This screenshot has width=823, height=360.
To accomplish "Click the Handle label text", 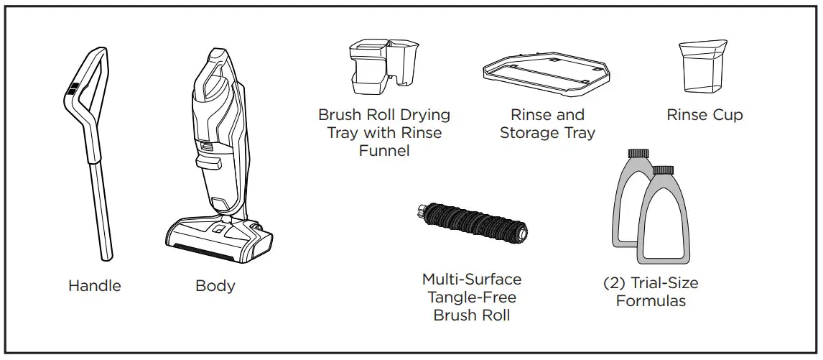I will pos(94,286).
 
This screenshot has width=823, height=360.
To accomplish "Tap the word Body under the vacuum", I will pos(215,286).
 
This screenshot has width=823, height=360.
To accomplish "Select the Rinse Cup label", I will pos(705,115).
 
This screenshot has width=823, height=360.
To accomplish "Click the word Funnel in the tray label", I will pos(384,150).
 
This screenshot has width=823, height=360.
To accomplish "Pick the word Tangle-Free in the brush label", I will pos(472,297).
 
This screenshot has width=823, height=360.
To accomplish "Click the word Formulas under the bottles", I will pos(650,301).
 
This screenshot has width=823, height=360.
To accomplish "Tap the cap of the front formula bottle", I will pos(663,171).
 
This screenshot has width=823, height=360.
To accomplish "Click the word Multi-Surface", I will pos(472,279).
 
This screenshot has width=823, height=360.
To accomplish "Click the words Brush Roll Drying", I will pos(384,115).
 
